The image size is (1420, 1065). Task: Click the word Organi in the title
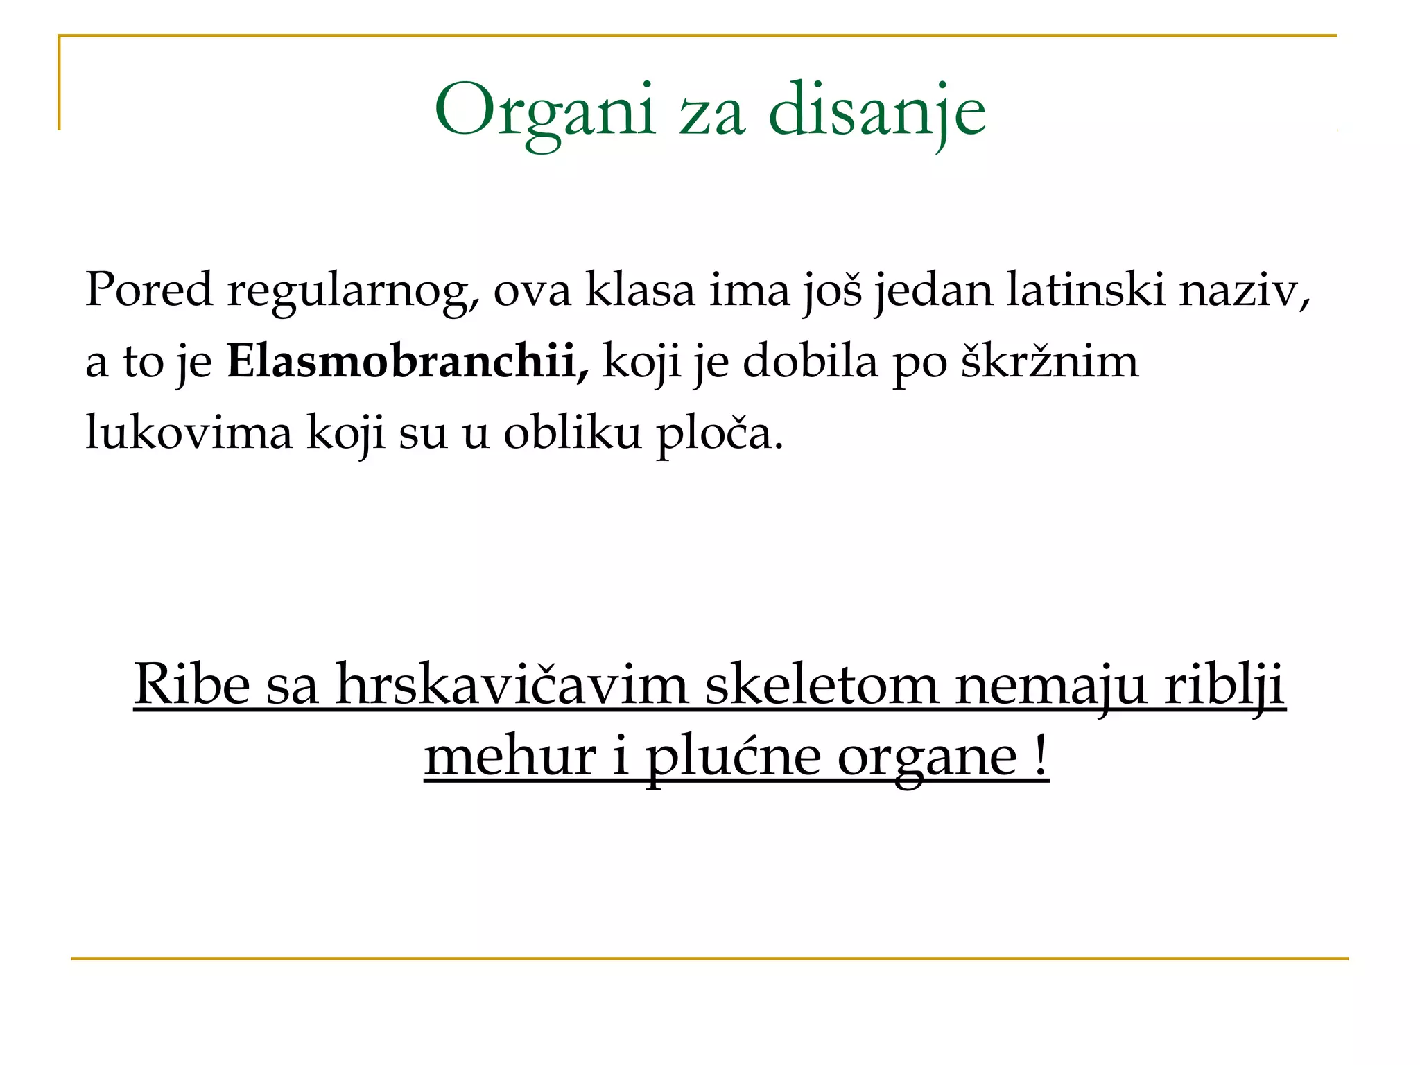point(544,111)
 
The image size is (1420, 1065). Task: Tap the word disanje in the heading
point(876,111)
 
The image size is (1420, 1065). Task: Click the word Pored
point(148,289)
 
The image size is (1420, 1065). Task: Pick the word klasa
point(640,289)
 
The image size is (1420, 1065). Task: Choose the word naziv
point(1245,289)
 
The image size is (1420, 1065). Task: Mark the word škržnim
point(1049,361)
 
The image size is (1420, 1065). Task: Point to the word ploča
point(719,433)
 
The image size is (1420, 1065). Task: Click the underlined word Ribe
point(191,684)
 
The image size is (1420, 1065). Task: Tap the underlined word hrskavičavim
point(512,684)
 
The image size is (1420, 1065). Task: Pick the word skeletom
point(822,684)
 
